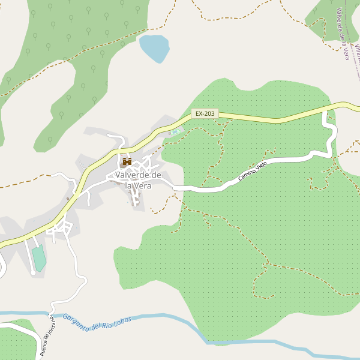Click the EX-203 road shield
(205, 113)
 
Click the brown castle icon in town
(127, 161)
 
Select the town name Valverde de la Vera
(138, 180)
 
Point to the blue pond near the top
(154, 47)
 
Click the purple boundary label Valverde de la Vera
(343, 34)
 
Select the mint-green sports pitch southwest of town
(39, 258)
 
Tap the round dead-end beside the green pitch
(32, 274)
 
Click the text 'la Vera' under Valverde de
(138, 185)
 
